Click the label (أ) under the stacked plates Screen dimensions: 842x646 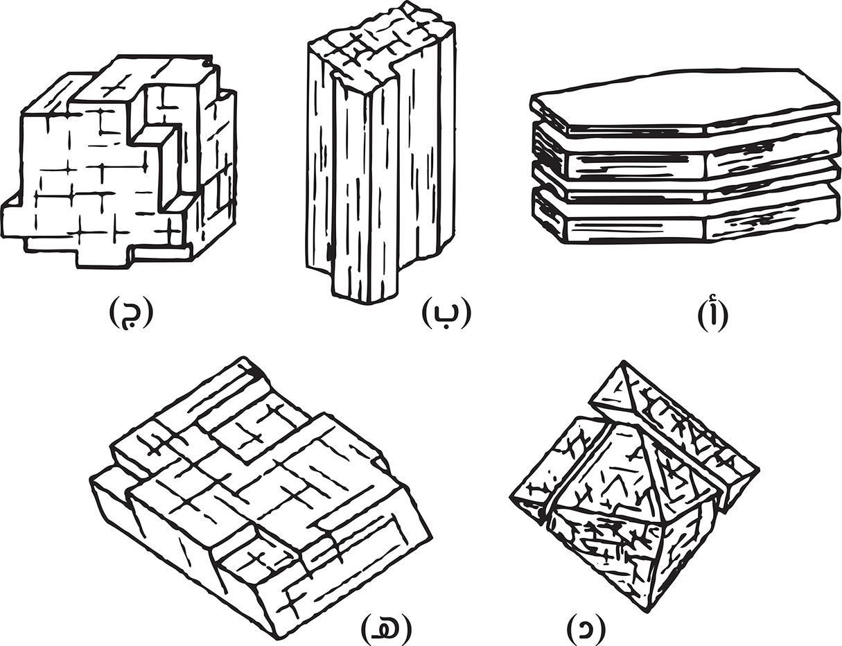click(x=712, y=316)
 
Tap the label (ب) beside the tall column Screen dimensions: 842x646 click(x=446, y=312)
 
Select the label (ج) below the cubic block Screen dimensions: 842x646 click(x=131, y=312)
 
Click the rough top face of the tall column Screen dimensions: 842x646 click(x=382, y=46)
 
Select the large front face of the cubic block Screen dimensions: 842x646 click(x=89, y=182)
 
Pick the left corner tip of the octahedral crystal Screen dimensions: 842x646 click(x=511, y=497)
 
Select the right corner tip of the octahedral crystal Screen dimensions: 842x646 click(x=758, y=469)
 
